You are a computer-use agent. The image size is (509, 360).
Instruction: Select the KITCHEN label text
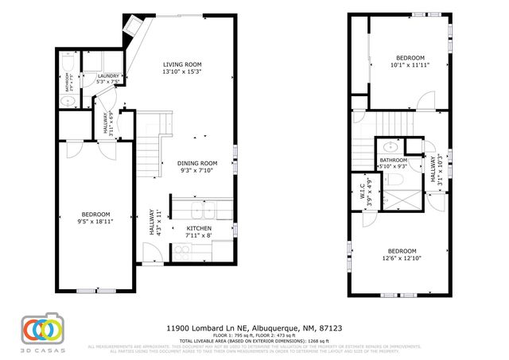point(198,228)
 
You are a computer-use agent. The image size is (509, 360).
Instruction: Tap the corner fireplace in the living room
point(130,31)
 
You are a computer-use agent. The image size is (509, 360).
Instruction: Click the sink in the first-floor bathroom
point(68,101)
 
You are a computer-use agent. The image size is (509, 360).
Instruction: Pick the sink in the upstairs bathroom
point(391,147)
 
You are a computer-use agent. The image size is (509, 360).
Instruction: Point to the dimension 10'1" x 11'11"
point(410,65)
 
